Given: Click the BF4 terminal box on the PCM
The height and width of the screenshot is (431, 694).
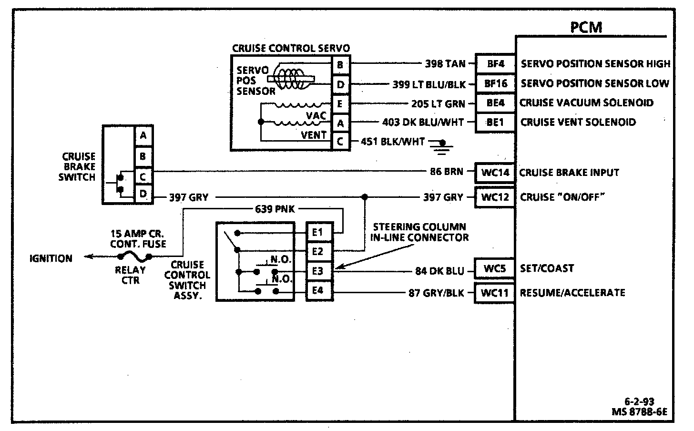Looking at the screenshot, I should [x=495, y=63].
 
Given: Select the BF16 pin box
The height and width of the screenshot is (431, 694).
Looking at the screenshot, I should [x=495, y=83].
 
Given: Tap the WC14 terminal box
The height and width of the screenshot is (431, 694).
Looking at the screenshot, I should [x=495, y=173].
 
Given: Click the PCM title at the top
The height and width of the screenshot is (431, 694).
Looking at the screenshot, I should [x=586, y=27].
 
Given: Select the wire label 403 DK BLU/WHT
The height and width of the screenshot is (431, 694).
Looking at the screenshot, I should [x=423, y=123].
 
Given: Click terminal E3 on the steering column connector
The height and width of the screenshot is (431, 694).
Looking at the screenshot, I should [x=318, y=271].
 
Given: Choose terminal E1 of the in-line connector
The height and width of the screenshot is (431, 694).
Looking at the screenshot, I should [x=318, y=232].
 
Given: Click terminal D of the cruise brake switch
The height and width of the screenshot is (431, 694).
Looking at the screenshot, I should [x=143, y=195].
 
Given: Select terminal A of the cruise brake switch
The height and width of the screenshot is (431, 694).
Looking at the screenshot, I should [x=143, y=136].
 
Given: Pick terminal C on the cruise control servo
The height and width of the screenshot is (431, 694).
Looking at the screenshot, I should [x=340, y=142].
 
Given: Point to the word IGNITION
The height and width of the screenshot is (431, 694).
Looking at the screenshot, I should [x=51, y=258].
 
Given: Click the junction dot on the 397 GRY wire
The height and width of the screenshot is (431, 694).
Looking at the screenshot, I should [x=365, y=196].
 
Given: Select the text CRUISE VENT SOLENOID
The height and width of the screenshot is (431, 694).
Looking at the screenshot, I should [x=578, y=123].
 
